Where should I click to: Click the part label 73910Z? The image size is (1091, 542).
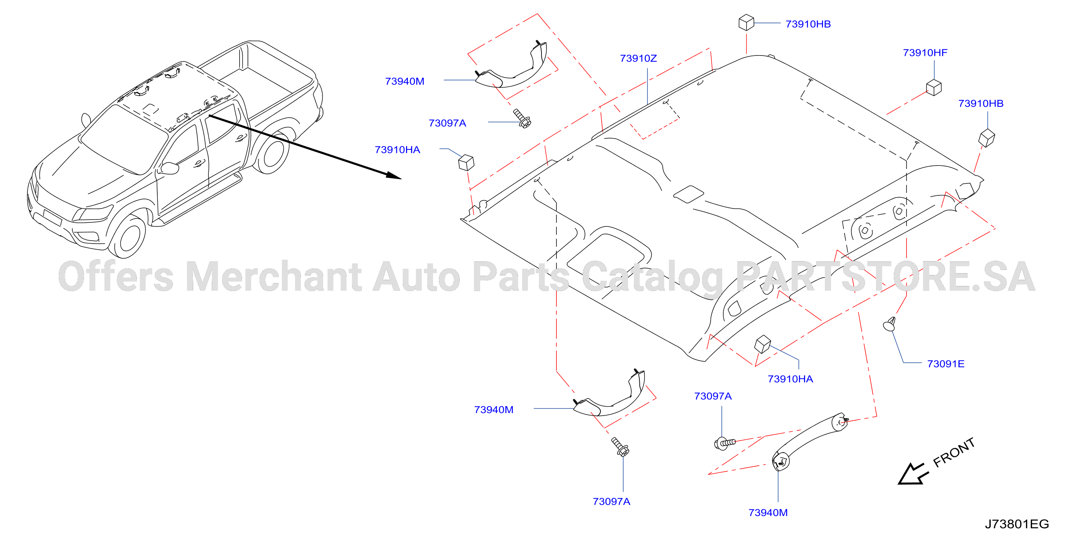pyautogui.click(x=638, y=58)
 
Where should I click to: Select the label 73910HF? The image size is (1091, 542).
pyautogui.click(x=925, y=53)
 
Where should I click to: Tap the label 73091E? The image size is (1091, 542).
pyautogui.click(x=946, y=364)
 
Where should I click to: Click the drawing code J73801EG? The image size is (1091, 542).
pyautogui.click(x=1017, y=524)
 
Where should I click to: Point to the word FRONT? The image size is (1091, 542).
pyautogui.click(x=954, y=453)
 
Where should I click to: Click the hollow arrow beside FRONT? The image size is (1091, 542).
pyautogui.click(x=913, y=474)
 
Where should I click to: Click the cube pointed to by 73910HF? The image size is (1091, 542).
pyautogui.click(x=934, y=88)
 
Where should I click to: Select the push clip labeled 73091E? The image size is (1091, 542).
pyautogui.click(x=889, y=324)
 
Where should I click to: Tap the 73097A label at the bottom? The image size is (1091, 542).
pyautogui.click(x=611, y=502)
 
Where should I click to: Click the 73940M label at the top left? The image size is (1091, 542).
pyautogui.click(x=405, y=81)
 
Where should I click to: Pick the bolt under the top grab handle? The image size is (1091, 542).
pyautogui.click(x=522, y=118)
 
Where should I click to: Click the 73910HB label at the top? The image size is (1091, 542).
pyautogui.click(x=808, y=24)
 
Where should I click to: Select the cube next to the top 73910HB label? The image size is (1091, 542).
pyautogui.click(x=746, y=22)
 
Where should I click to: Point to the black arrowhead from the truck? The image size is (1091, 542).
pyautogui.click(x=393, y=175)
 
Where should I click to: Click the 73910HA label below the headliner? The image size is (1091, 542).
pyautogui.click(x=790, y=379)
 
